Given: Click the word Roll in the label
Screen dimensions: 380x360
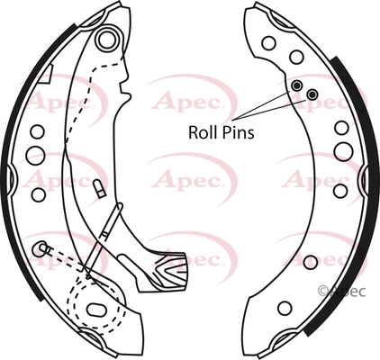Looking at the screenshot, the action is point(199,132).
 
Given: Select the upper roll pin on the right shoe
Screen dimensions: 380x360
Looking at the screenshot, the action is point(297,85).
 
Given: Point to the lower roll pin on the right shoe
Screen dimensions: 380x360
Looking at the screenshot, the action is point(312,94).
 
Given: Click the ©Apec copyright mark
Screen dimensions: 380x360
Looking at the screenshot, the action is point(341,292).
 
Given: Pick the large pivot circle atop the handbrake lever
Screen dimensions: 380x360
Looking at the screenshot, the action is point(107,40).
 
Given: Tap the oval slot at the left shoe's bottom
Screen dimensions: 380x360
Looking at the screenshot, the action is point(96,310).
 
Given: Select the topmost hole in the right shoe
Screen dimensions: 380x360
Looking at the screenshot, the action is point(268,43).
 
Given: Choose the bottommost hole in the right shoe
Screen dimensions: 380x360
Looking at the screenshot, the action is point(285,308).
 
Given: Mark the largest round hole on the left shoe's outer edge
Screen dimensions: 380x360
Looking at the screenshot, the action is point(35,155).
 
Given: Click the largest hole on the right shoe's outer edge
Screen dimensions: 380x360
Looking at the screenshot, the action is point(343,151).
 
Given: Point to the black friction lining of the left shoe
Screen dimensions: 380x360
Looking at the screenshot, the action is point(23,162).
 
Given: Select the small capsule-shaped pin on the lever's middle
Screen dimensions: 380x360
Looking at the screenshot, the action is point(99,189).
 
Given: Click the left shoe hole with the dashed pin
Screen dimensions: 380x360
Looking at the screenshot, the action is point(40,248).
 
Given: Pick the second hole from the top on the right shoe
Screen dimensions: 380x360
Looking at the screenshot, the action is point(296,57).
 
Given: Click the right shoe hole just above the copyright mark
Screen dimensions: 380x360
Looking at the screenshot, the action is point(311,262).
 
